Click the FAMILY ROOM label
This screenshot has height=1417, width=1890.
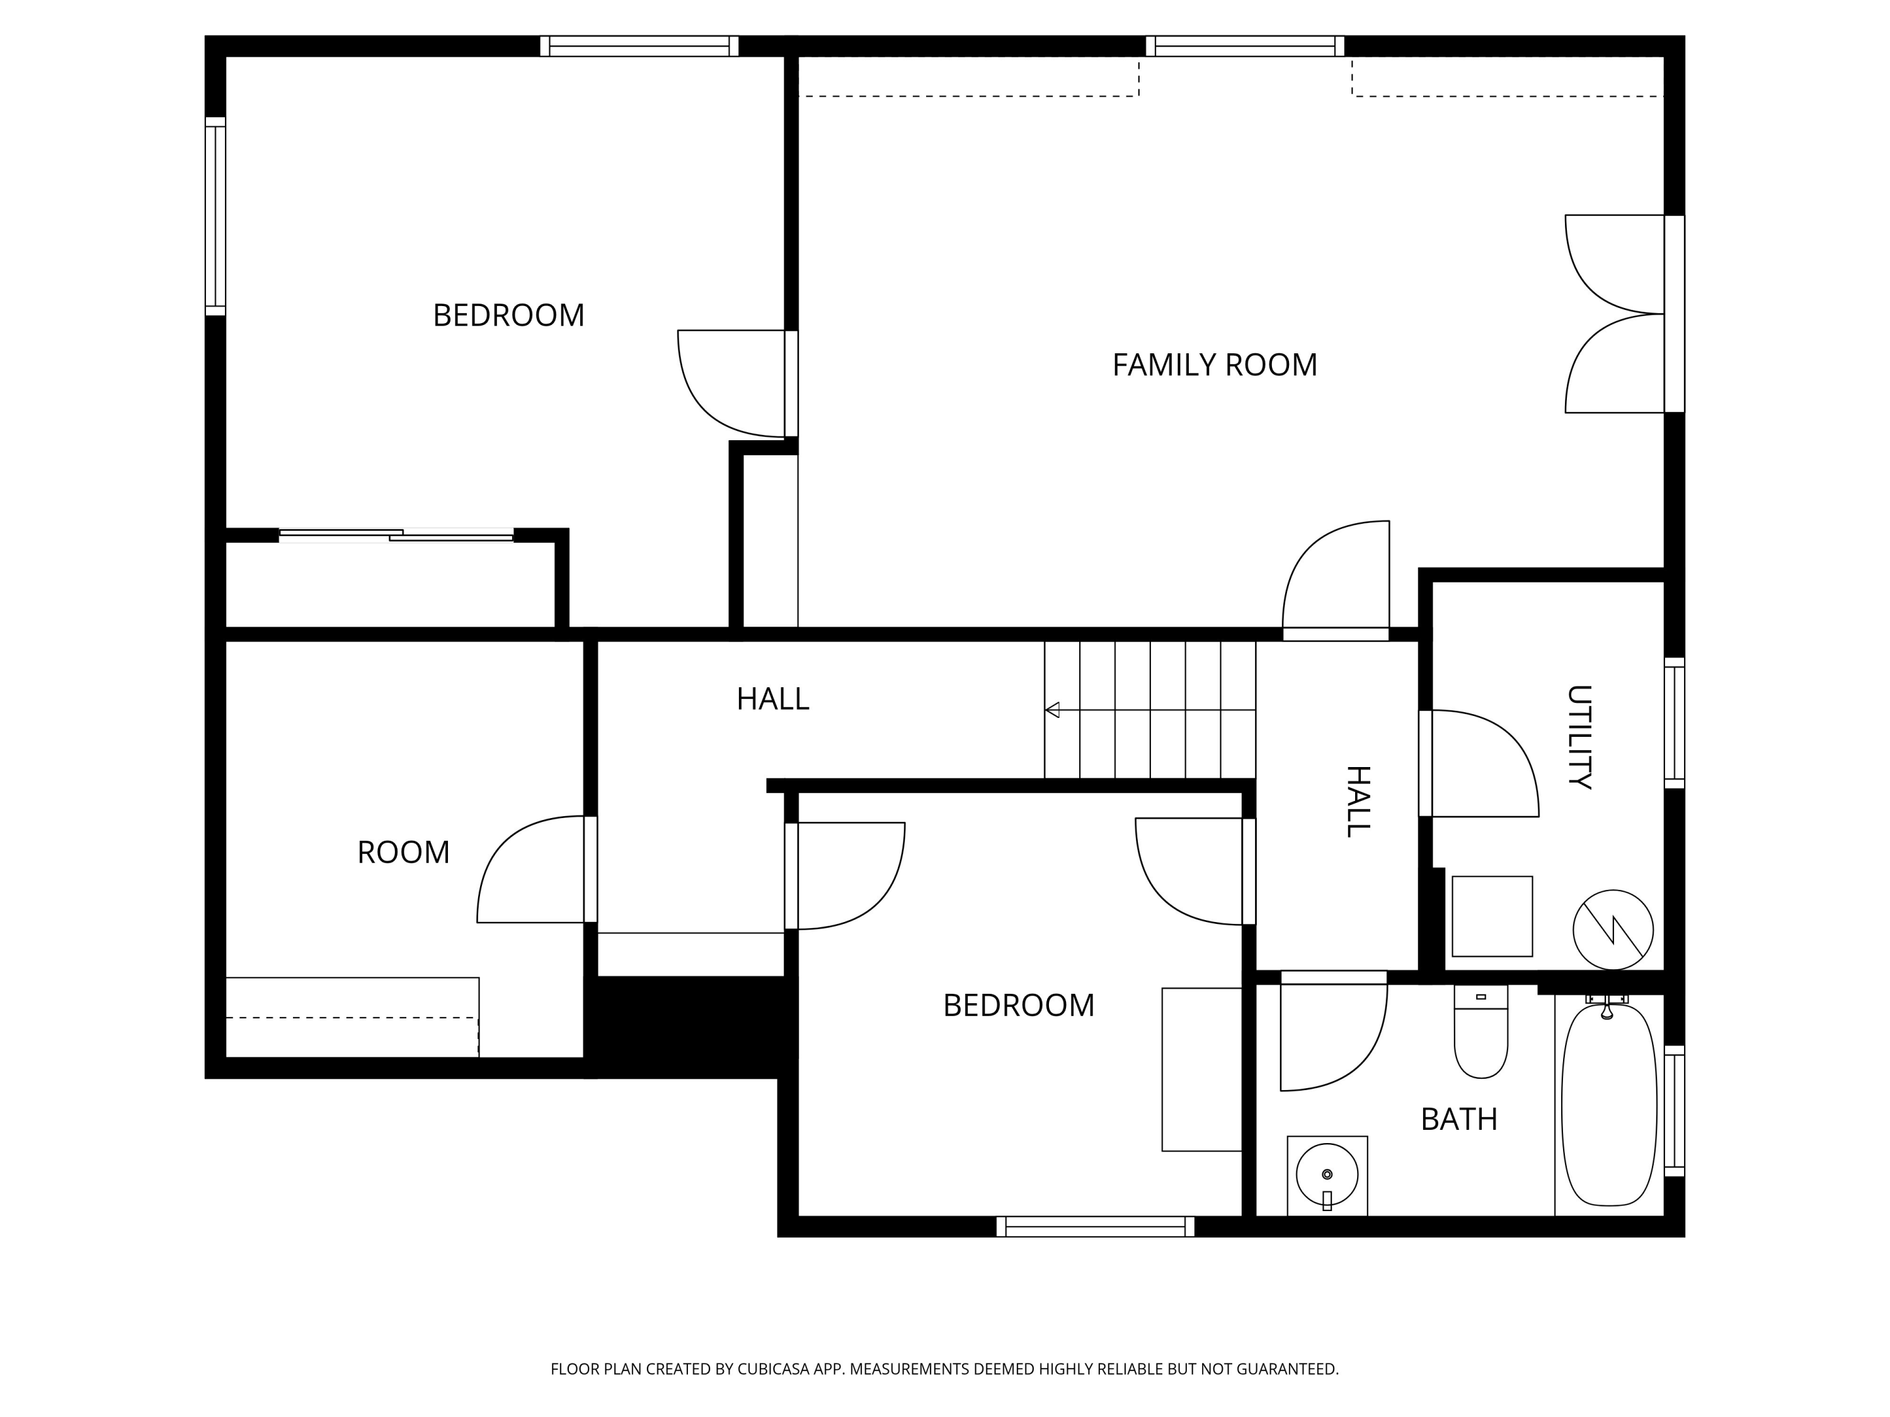1213,365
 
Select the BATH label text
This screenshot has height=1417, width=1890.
1458,1119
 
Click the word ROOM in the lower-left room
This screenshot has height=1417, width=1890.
403,853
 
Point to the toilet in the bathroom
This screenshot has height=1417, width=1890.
1480,1034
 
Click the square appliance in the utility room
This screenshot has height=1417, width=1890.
1492,916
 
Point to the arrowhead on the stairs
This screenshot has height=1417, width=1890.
1053,710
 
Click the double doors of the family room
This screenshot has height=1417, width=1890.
1615,314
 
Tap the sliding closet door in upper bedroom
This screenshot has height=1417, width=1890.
396,535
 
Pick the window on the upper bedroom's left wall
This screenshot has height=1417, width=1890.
215,216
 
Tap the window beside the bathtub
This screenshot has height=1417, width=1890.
1674,1110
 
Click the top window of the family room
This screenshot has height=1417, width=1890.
1244,46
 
